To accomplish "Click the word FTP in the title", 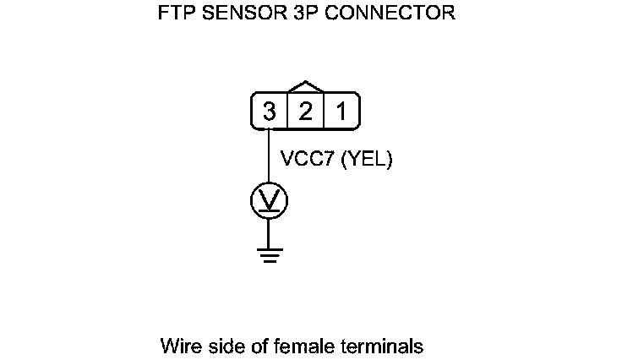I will point(175,14).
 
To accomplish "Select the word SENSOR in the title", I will point(238,14).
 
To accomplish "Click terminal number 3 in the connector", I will point(269,111).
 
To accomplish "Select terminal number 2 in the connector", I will point(305,111).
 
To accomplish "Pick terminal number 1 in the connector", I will point(341,111).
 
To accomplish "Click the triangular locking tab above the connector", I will point(305,87).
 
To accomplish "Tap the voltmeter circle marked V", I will point(269,199).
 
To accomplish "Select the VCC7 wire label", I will point(307,158).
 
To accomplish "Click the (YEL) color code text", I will point(367,158).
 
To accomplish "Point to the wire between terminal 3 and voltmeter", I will point(269,156).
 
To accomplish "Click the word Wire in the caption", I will point(177,346).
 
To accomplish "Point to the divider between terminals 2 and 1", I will point(324,111).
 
